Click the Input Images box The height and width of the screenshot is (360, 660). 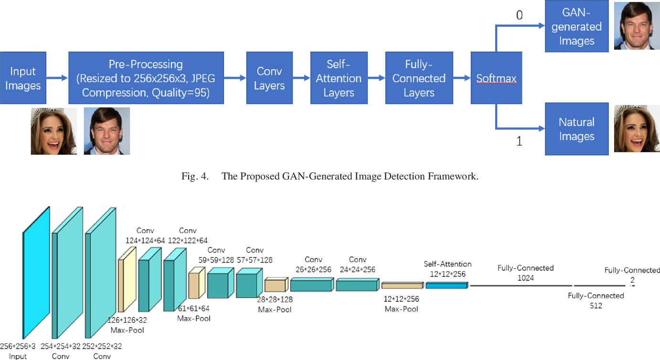click(x=23, y=78)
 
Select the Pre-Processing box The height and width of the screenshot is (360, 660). click(x=146, y=78)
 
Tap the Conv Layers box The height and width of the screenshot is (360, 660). click(x=269, y=78)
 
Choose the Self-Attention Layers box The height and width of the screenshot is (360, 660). click(x=339, y=78)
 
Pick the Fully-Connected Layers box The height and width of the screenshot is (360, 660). click(x=418, y=78)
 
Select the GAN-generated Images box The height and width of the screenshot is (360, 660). click(x=576, y=27)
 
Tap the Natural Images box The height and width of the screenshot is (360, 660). click(x=576, y=129)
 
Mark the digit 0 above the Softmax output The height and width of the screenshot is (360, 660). click(x=520, y=16)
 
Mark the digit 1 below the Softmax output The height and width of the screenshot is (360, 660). click(x=520, y=142)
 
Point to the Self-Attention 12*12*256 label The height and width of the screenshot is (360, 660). click(x=447, y=269)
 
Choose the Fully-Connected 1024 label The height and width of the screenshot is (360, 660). click(x=525, y=273)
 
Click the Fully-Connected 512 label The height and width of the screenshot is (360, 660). click(x=596, y=300)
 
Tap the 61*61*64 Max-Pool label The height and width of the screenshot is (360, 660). click(x=193, y=313)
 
